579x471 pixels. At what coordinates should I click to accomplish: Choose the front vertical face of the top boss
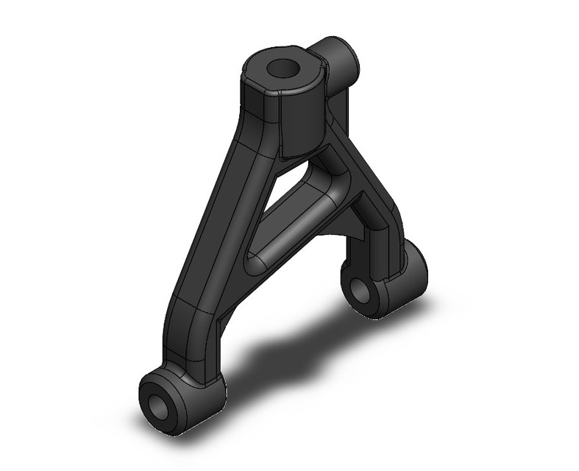click(302, 121)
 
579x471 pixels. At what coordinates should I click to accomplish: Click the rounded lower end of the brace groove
click(254, 261)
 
